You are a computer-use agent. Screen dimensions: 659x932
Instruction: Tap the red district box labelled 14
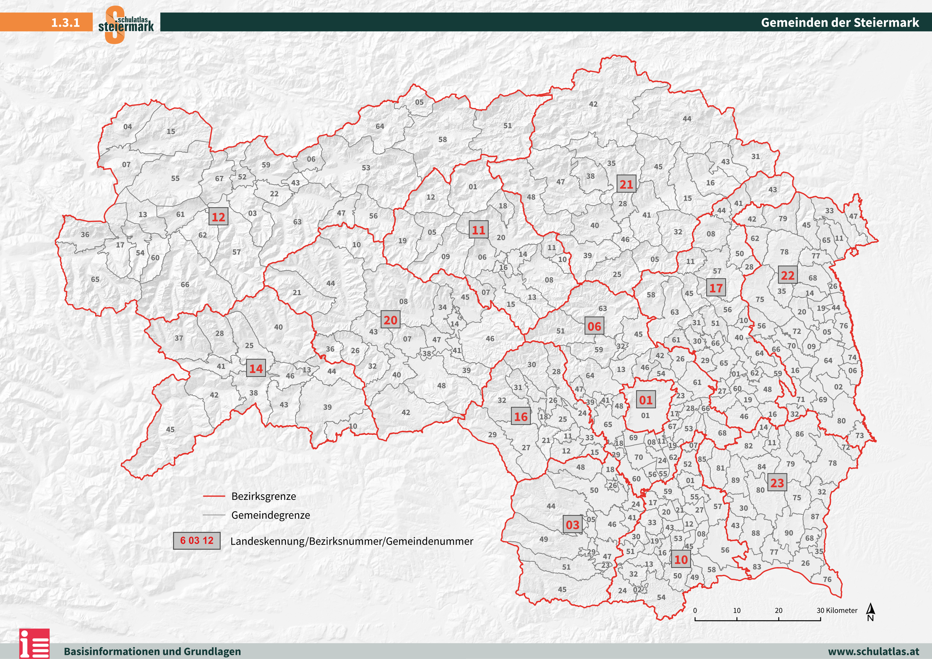pos(256,369)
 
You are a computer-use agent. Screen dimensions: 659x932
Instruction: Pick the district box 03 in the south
pos(572,525)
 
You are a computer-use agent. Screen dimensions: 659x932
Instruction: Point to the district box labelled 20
pos(390,320)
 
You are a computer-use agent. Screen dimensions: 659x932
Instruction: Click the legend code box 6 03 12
pos(197,540)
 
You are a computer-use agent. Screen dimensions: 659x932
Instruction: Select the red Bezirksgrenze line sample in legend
pos(214,496)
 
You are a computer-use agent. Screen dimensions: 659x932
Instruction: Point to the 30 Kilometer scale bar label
pos(837,610)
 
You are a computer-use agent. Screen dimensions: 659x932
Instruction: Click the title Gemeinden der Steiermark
pos(840,22)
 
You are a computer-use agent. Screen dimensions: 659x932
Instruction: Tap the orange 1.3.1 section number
pos(65,22)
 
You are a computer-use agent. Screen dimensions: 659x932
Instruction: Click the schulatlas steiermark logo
pos(126,24)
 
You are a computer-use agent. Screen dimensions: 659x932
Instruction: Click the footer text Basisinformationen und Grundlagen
pos(152,651)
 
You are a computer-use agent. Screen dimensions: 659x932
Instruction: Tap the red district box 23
pos(777,483)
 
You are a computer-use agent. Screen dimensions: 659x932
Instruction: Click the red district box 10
pos(681,559)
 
